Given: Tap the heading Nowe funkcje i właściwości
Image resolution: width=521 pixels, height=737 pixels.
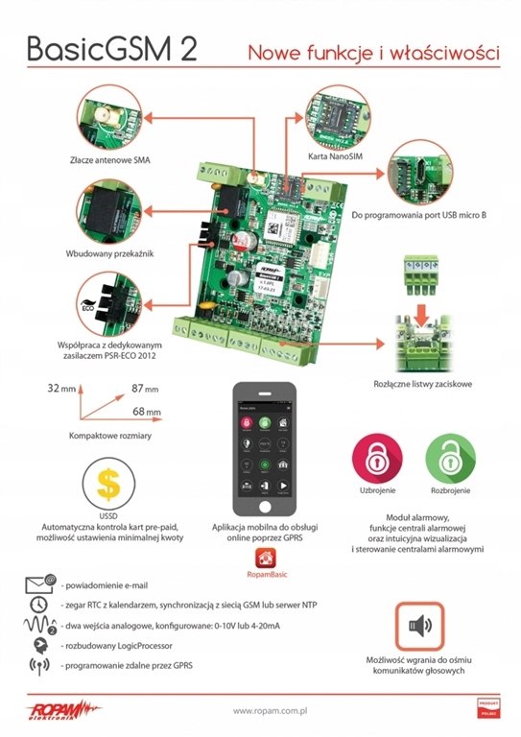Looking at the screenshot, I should pos(373,52).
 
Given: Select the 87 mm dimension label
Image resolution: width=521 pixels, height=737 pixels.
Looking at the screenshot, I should pos(145,390).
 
